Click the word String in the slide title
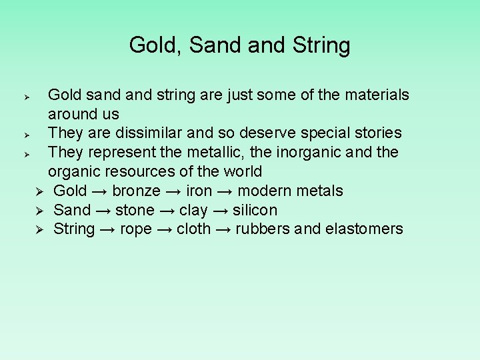coord(321,45)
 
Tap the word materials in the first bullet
coord(377,95)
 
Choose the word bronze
coord(136,191)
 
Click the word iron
coord(199,191)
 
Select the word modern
coord(265,191)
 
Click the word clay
coord(193,211)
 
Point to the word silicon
coord(255,211)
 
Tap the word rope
coord(135,229)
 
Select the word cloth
coord(194,229)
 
